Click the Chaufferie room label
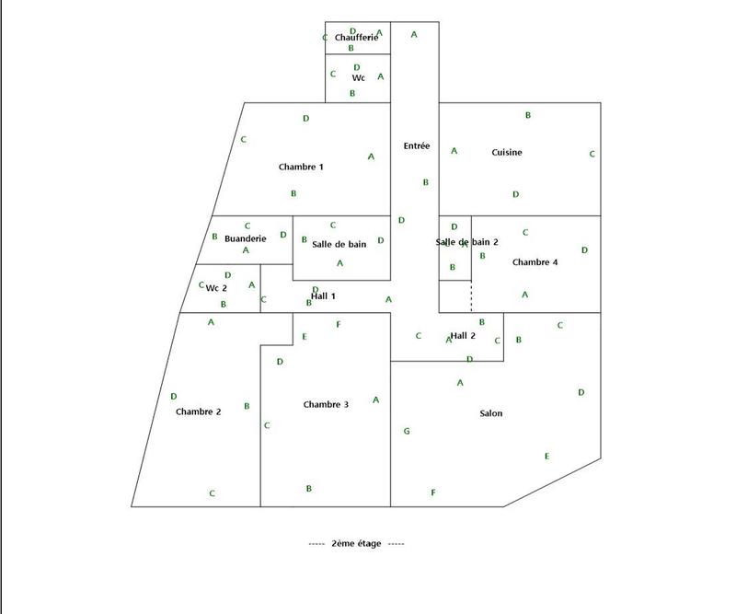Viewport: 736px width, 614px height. click(x=356, y=37)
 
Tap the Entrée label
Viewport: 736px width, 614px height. click(x=417, y=145)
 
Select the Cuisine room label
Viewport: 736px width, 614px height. click(x=507, y=152)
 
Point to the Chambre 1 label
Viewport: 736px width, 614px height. click(x=301, y=167)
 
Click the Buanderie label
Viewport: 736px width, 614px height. click(x=245, y=238)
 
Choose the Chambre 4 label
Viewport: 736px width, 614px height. click(x=535, y=262)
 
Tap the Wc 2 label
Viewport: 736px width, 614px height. click(x=216, y=288)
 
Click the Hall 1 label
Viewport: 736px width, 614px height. click(x=323, y=296)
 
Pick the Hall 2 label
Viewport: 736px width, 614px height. click(x=463, y=335)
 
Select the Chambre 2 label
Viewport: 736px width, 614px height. click(x=198, y=411)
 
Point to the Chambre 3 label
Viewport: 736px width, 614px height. click(x=326, y=404)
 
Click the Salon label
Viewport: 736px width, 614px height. click(x=491, y=413)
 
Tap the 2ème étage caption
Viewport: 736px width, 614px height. click(x=356, y=543)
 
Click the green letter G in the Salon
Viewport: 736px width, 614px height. click(x=407, y=431)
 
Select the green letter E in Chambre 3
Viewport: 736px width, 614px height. click(x=305, y=336)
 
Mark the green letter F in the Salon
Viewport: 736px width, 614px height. click(x=432, y=492)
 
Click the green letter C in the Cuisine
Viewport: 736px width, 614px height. click(x=592, y=154)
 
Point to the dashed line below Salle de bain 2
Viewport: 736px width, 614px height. click(x=471, y=296)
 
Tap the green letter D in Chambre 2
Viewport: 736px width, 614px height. click(x=174, y=396)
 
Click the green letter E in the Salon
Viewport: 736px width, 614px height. click(x=546, y=456)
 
